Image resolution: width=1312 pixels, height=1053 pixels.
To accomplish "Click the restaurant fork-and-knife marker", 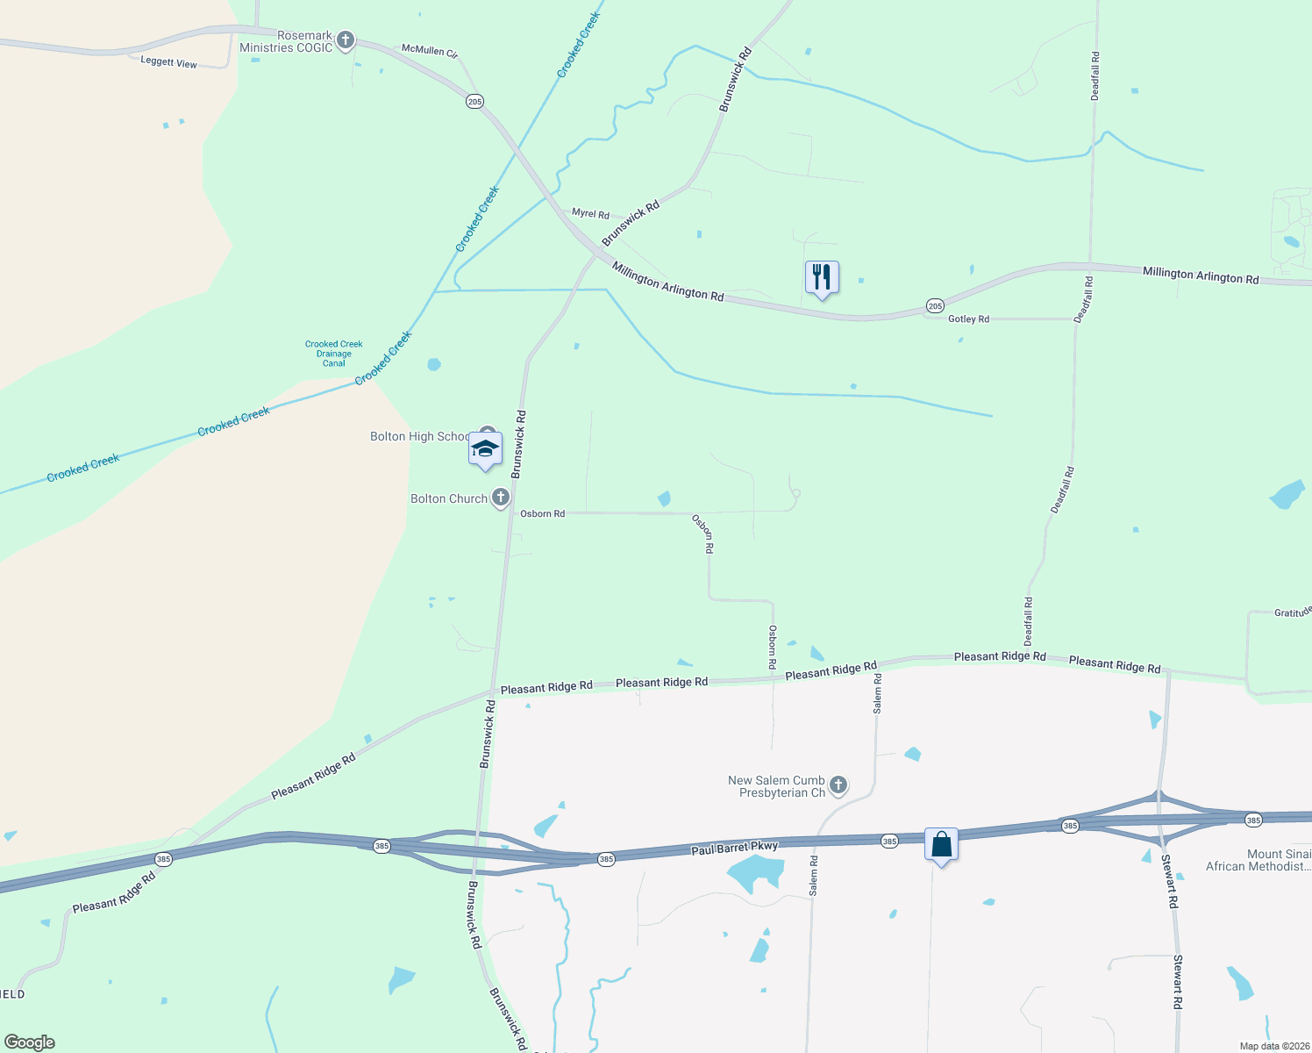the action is click(822, 277).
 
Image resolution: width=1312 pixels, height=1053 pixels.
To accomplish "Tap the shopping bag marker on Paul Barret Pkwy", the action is click(941, 845).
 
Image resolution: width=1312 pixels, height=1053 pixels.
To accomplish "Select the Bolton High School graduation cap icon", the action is click(485, 449).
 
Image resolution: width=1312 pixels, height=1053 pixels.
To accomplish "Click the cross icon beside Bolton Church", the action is click(501, 498).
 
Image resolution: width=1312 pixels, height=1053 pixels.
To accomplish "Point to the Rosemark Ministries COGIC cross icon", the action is click(346, 39).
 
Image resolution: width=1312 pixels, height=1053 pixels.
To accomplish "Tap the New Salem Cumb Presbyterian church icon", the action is click(838, 784).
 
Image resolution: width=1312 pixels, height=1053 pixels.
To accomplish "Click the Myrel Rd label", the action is click(590, 213).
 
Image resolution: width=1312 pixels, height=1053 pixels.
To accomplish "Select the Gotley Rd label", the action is click(968, 319).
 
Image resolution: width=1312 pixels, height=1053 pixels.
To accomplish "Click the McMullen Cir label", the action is click(429, 51).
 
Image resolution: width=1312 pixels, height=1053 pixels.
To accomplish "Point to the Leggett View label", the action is click(169, 62).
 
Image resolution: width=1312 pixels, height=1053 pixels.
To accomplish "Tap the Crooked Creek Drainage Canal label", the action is click(333, 354).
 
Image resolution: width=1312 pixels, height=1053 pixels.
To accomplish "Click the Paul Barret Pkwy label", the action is click(734, 848).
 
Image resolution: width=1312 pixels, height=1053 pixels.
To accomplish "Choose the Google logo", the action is click(30, 1042).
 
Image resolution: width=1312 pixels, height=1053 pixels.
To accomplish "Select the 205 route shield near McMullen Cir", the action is click(474, 102).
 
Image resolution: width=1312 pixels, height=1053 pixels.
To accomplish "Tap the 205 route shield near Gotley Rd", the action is click(935, 305).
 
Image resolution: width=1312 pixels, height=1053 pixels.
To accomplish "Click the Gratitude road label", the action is click(1293, 612).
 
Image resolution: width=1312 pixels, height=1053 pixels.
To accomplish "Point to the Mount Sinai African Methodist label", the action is click(1259, 860).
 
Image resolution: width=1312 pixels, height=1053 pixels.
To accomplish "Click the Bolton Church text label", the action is click(449, 498).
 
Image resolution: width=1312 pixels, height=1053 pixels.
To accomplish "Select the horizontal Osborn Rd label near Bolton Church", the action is click(542, 513).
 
